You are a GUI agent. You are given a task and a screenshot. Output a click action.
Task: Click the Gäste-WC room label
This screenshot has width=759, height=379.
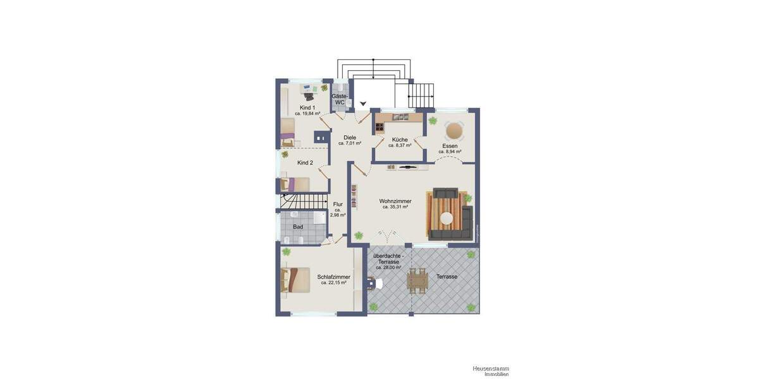pos(340,99)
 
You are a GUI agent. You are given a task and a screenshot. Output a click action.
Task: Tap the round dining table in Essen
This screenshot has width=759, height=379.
pos(454,131)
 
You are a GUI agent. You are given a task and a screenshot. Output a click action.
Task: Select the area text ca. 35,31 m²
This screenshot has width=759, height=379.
pos(395,207)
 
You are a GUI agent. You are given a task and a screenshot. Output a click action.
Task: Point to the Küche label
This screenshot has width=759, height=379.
pos(399,140)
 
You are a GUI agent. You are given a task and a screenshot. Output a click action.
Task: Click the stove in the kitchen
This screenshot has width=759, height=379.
pos(380,128)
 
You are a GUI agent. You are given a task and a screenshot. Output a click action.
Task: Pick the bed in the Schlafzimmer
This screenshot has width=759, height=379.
pos(293,279)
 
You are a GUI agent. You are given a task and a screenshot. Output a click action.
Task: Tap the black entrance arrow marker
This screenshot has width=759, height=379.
pos(363,104)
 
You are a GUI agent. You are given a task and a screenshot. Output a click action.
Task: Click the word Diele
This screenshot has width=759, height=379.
pos(350,137)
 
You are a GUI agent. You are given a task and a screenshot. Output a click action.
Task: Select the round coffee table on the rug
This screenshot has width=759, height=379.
pos(447,219)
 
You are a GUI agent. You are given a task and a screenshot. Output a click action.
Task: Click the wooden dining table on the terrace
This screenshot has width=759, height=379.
pos(417,280)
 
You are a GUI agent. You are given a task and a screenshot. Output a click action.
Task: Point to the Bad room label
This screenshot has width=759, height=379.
pos(298,226)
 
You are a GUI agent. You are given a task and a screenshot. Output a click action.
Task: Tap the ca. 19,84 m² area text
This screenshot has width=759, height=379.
pos(307,114)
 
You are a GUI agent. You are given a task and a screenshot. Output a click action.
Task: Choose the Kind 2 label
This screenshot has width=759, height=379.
pos(305,162)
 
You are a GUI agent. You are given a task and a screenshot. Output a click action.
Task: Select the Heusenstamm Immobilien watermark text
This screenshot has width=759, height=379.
pos(490,371)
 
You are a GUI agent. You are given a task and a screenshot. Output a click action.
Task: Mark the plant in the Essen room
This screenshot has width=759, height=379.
pos(433,120)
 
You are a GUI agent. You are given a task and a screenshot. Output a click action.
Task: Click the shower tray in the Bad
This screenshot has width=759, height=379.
pos(318,217)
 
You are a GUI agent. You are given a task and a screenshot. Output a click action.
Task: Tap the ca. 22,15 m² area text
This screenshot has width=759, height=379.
pos(334,282)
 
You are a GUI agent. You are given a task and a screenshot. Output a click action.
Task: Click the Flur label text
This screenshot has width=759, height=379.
pos(338,204)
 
